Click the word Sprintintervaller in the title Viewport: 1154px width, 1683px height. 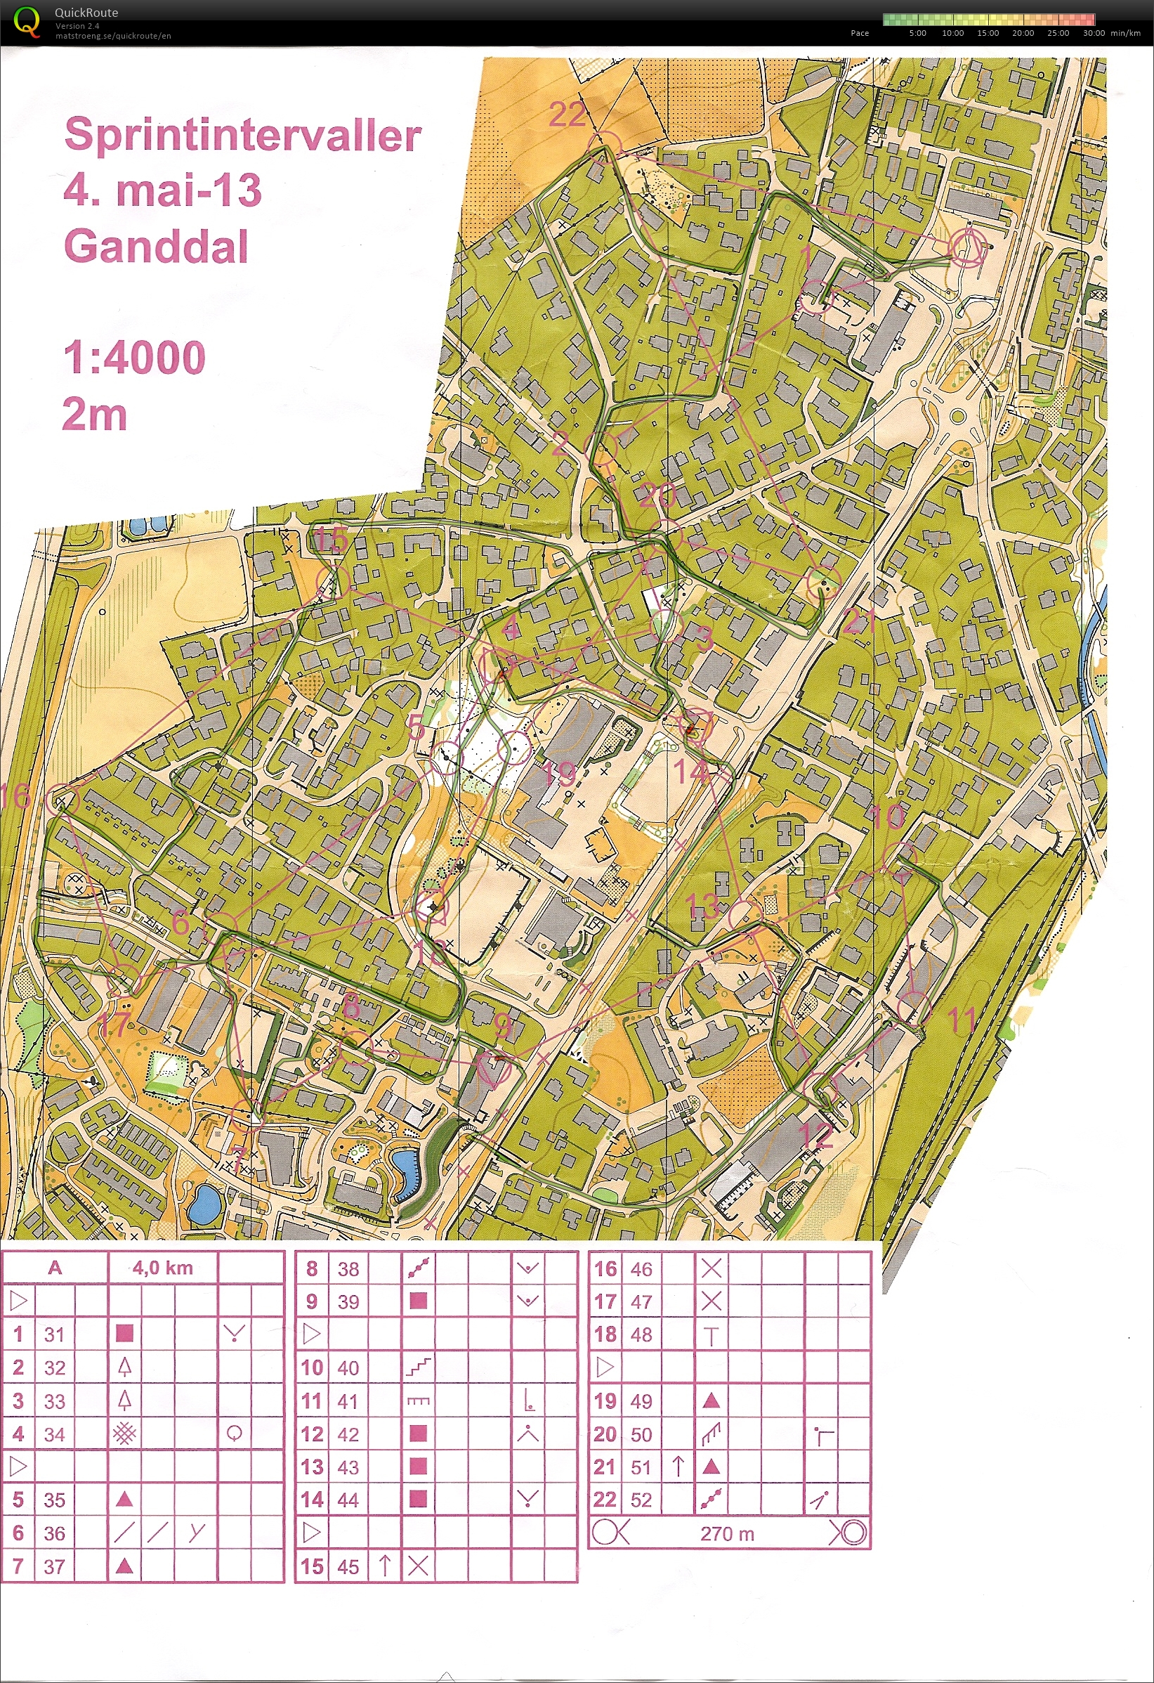(x=242, y=136)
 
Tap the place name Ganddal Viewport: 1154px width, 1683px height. (x=156, y=246)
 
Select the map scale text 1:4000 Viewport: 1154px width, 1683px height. (x=134, y=358)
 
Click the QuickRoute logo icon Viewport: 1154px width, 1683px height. (x=27, y=21)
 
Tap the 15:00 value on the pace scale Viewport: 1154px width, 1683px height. (x=988, y=33)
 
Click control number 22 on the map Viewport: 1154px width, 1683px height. (x=567, y=115)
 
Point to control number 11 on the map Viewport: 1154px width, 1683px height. (x=962, y=1020)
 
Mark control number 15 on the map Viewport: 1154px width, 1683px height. (x=332, y=540)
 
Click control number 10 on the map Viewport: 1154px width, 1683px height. (x=889, y=817)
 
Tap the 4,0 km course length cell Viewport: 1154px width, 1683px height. (x=163, y=1268)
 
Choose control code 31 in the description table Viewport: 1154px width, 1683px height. (x=54, y=1334)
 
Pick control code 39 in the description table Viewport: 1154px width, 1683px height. (x=348, y=1302)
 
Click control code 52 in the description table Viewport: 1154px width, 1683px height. (x=641, y=1500)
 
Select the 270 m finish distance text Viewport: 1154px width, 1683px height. (x=727, y=1534)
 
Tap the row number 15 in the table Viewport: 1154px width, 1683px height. (x=312, y=1566)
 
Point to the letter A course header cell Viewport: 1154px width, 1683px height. (x=55, y=1268)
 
